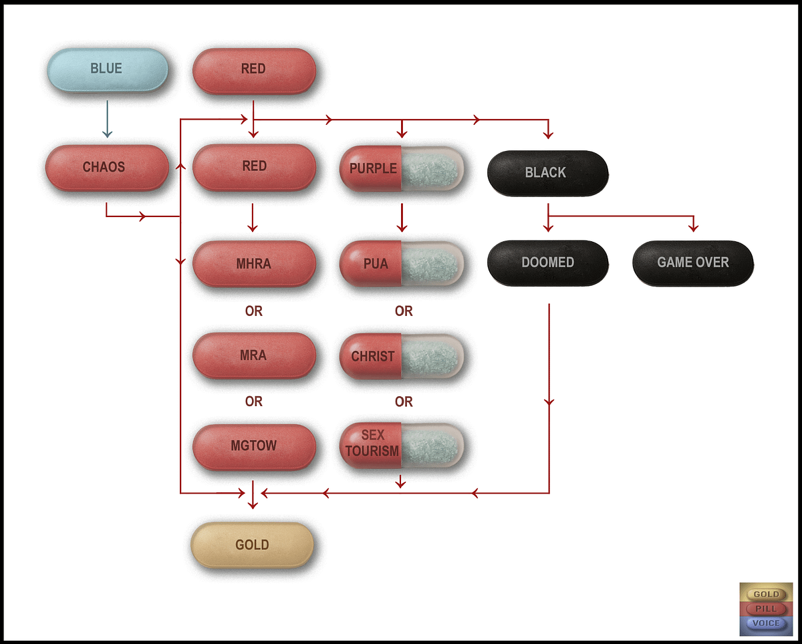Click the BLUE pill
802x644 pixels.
coord(108,69)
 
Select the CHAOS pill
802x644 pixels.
coord(107,168)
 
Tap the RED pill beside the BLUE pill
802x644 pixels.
coord(254,70)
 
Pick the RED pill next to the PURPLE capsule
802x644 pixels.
coord(254,167)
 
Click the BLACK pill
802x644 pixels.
coord(547,173)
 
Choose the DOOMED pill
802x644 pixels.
coord(547,263)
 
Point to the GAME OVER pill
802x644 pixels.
coord(693,263)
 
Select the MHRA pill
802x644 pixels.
coord(254,264)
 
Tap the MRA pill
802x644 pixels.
coord(254,355)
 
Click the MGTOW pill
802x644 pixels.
coord(254,447)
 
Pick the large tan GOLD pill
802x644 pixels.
coord(252,545)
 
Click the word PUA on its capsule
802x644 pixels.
coord(376,264)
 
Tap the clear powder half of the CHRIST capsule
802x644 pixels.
coord(432,356)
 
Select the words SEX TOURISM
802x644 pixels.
coord(372,443)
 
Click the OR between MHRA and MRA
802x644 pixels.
coord(254,311)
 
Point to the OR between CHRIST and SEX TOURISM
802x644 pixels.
coord(404,401)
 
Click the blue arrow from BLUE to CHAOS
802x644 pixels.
coord(108,119)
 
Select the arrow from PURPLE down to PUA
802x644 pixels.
coord(402,218)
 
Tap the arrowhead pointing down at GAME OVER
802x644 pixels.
coord(693,227)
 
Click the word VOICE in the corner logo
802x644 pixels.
coord(766,623)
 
